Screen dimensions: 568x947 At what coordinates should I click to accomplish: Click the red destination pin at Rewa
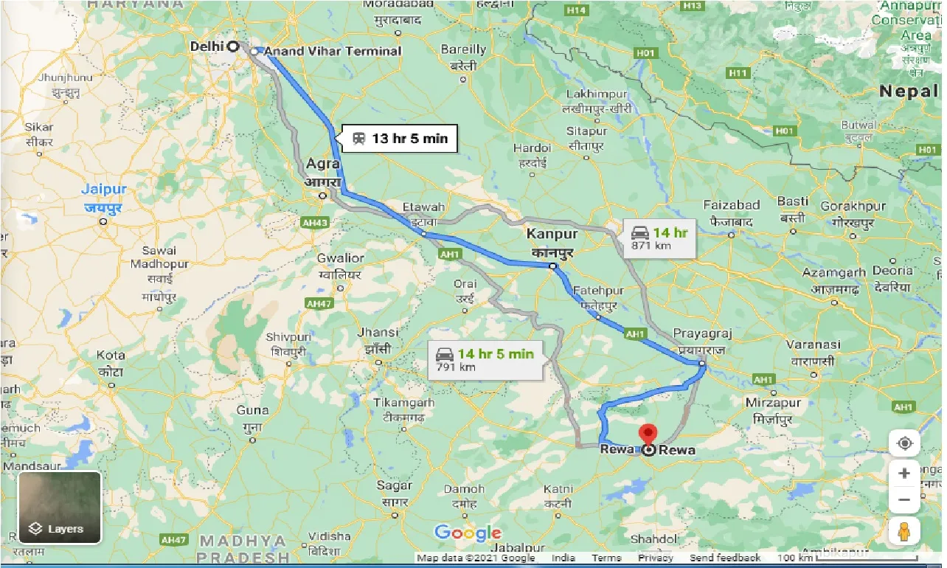coord(648,434)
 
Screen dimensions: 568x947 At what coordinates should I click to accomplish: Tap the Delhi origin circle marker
coord(232,46)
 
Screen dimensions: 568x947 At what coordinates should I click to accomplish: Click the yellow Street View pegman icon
coord(904,531)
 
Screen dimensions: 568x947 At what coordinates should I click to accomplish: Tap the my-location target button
coord(904,443)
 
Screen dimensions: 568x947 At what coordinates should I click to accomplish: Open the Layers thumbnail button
coord(60,508)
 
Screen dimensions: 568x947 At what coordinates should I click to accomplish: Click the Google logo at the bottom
coord(468,533)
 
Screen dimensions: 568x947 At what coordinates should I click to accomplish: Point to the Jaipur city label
coord(104,190)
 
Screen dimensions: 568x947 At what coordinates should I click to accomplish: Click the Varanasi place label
coord(813,344)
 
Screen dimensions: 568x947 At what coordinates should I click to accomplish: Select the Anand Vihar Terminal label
coord(332,51)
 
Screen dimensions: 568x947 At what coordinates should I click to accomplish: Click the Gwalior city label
coord(340,258)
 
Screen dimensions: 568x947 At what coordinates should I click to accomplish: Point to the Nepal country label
coord(907,91)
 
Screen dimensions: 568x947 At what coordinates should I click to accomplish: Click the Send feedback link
coord(725,558)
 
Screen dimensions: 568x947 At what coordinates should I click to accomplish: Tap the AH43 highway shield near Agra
coord(316,222)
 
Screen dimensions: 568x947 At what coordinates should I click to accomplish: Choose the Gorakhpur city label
coord(853,206)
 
